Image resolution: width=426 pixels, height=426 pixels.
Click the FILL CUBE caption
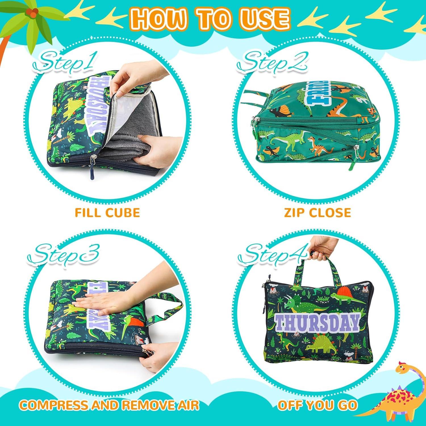pos(107,212)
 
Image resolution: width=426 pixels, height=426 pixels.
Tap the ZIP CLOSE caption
pos(318,212)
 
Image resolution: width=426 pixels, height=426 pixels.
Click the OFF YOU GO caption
pos(317,405)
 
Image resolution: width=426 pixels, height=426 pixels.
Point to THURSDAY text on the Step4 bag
pos(317,322)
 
